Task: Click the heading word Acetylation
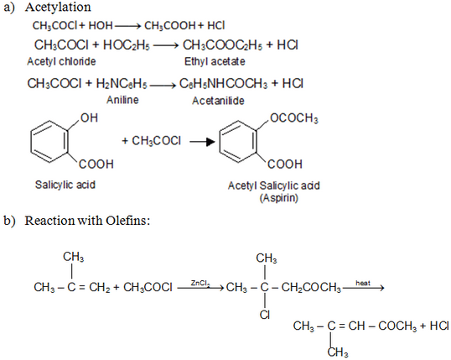[x=58, y=8]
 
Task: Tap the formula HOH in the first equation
[x=101, y=26]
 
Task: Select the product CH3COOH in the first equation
[x=170, y=26]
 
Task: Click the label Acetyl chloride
[x=61, y=61]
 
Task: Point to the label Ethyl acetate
[x=215, y=61]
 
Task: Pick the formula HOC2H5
[x=127, y=45]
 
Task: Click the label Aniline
[x=122, y=100]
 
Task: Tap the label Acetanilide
[x=218, y=101]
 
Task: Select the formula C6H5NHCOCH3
[x=224, y=84]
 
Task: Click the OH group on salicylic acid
[x=89, y=117]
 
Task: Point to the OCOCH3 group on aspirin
[x=294, y=118]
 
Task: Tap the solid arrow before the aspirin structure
[x=202, y=142]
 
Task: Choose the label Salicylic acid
[x=65, y=185]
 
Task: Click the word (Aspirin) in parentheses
[x=278, y=198]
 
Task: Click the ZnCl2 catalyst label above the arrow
[x=200, y=284]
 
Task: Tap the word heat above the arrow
[x=363, y=283]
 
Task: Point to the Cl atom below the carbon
[x=265, y=315]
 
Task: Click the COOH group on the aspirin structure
[x=285, y=164]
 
